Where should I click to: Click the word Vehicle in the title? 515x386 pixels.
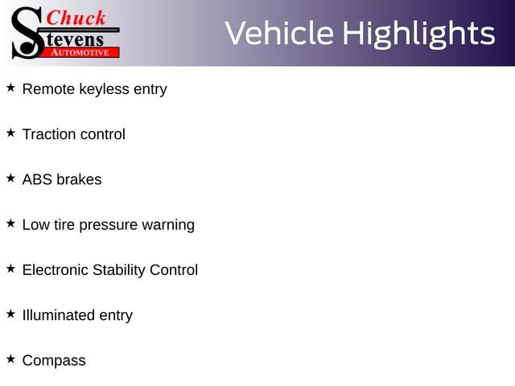(x=279, y=33)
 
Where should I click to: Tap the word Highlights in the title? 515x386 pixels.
(x=419, y=35)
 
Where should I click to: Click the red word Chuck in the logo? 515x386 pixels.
(x=76, y=18)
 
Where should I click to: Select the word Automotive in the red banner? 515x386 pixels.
(x=80, y=52)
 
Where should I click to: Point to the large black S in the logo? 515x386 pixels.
(x=27, y=33)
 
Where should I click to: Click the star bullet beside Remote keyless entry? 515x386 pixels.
(x=10, y=88)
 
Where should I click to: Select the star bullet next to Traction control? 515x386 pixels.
(x=10, y=133)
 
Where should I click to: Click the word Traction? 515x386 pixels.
(x=49, y=134)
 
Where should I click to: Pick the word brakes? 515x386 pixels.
(x=79, y=179)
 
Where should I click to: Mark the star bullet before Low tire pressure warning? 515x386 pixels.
(x=10, y=224)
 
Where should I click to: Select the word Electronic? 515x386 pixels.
(x=56, y=270)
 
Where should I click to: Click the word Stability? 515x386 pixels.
(x=119, y=270)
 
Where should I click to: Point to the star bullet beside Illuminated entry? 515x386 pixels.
(x=10, y=314)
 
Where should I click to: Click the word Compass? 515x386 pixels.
(x=54, y=360)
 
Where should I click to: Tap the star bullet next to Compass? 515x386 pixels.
(x=10, y=359)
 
